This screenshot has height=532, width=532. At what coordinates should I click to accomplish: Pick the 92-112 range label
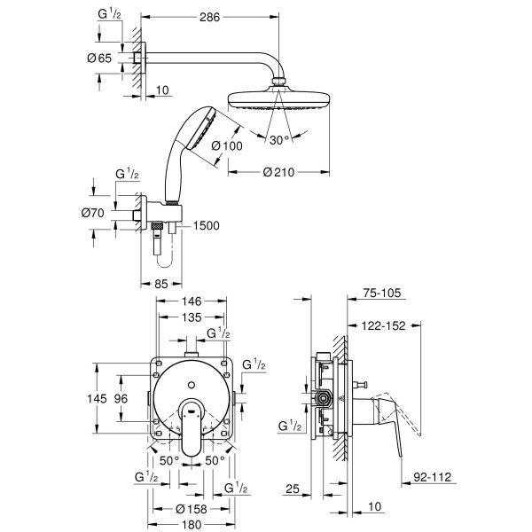433,478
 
